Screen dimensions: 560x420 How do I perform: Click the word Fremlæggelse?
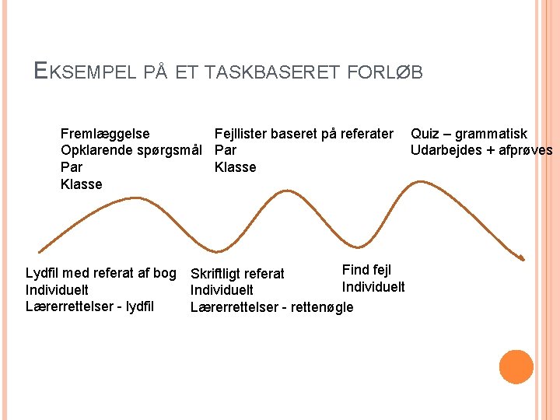tap(105, 134)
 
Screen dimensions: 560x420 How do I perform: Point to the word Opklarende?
tap(96, 150)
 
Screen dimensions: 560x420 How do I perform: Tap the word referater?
tap(364, 134)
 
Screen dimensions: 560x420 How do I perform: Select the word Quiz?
tap(425, 134)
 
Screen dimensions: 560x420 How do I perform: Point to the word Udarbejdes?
tap(445, 150)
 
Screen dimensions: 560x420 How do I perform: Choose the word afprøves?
tap(525, 150)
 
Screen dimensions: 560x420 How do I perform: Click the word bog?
tap(164, 273)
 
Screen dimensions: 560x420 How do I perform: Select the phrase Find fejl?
tap(366, 270)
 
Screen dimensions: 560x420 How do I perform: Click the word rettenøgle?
tap(321, 307)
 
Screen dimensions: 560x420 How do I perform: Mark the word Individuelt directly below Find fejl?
tap(373, 287)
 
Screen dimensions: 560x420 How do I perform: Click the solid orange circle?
tap(516, 366)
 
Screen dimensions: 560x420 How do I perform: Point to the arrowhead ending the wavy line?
tap(523, 257)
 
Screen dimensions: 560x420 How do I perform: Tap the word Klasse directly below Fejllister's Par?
tap(235, 167)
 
